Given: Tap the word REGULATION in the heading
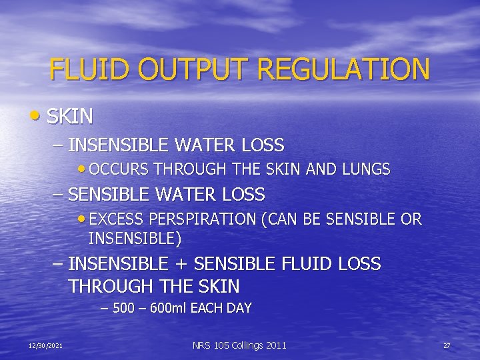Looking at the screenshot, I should [344, 70].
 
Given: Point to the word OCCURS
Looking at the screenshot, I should [118, 169].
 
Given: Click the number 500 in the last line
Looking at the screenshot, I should [123, 308].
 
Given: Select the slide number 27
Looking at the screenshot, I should [447, 345].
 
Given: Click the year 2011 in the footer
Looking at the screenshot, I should [275, 345].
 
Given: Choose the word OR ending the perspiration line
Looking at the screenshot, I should [412, 219].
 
